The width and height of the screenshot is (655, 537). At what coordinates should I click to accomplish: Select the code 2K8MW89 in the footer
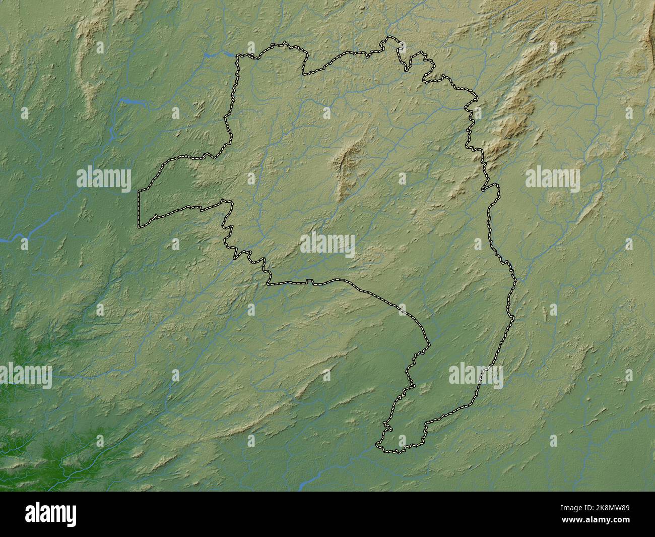pyautogui.click(x=610, y=509)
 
